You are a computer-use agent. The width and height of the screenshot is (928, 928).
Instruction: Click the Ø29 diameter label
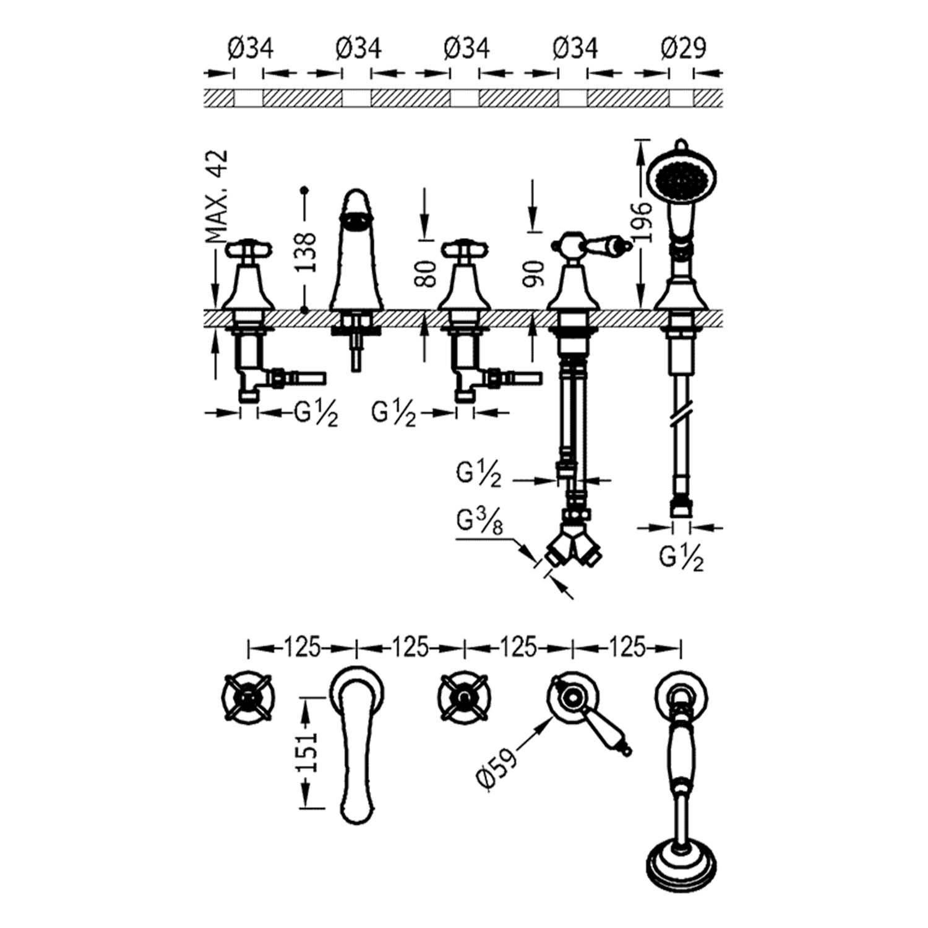click(683, 48)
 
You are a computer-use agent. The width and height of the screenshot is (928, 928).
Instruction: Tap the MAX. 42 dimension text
click(217, 196)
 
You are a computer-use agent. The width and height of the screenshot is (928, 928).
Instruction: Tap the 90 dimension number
click(532, 273)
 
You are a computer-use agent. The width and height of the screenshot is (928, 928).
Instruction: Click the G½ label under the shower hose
click(681, 559)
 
